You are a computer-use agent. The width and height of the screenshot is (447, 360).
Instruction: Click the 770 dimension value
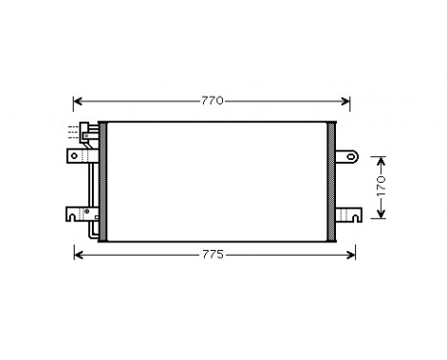212,101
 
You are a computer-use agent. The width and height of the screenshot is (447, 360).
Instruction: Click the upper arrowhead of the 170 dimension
379,159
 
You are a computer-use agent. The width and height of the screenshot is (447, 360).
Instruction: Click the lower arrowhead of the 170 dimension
379,214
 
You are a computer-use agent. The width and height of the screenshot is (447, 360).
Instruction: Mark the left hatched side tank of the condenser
103,182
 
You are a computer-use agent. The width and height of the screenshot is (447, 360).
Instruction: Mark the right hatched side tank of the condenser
333,182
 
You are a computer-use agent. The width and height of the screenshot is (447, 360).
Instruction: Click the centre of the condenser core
218,182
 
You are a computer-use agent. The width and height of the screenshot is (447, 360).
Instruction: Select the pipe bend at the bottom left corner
91,233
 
